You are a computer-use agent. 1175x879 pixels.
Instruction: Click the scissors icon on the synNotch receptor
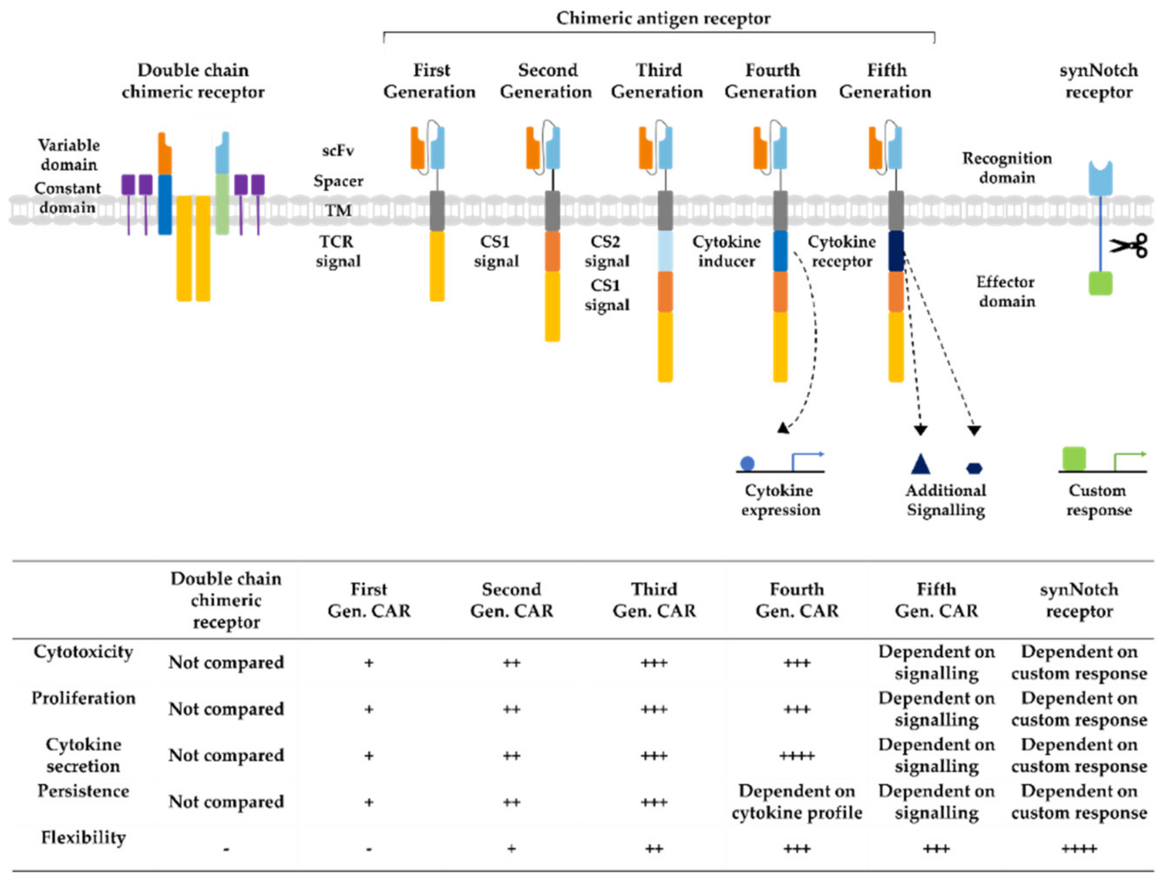[1129, 246]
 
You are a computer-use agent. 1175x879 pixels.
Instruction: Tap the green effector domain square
[1100, 283]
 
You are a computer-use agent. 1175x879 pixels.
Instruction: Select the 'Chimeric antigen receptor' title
[663, 18]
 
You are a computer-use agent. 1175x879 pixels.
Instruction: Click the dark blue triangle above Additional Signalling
[921, 464]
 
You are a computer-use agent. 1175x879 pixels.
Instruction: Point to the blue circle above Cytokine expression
[748, 463]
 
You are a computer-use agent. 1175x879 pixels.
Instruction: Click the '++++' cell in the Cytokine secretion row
[797, 756]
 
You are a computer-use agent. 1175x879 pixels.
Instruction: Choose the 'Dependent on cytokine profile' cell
[797, 802]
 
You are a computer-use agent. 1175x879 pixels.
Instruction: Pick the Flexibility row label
[83, 837]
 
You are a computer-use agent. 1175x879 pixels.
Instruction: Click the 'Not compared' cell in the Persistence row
[226, 802]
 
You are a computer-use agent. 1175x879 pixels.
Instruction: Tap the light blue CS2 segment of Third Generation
[665, 251]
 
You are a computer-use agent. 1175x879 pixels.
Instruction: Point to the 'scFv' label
[338, 151]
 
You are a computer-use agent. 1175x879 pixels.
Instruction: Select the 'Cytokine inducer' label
[726, 251]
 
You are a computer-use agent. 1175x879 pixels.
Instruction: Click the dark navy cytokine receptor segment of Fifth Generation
[896, 251]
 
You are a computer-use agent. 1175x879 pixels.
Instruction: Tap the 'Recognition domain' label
[1007, 167]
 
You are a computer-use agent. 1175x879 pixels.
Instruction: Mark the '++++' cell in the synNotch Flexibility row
[1079, 849]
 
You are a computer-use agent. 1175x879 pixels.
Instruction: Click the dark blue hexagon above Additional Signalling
[974, 468]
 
